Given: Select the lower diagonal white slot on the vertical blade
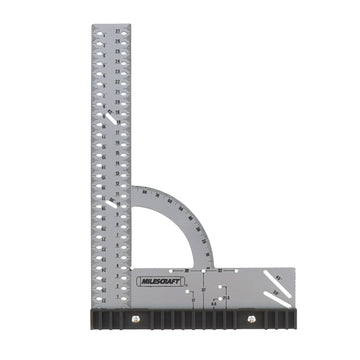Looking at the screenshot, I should (107, 209).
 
